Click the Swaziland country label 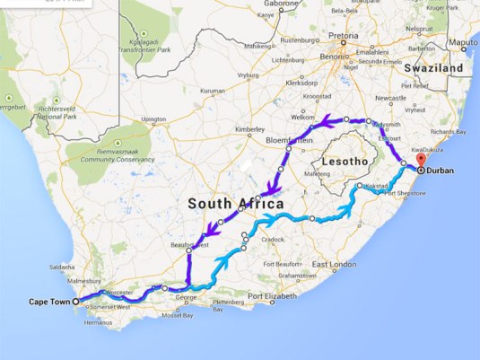click(x=432, y=68)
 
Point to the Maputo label click(x=464, y=42)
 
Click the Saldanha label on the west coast click(x=64, y=267)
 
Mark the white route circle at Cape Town click(x=75, y=302)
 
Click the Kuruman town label click(x=212, y=91)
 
